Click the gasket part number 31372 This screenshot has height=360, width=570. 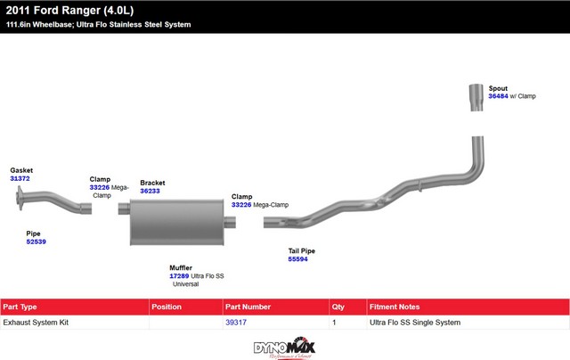click(20, 178)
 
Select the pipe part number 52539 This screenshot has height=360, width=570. click(36, 241)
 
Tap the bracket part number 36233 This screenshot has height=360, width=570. click(150, 191)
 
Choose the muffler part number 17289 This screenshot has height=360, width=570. click(179, 276)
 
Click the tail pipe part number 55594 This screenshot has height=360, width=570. click(297, 259)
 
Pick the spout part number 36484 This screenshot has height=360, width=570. click(498, 96)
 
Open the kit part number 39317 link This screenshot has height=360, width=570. click(236, 323)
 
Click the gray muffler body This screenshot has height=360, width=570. click(177, 222)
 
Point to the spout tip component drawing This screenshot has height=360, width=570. click(476, 97)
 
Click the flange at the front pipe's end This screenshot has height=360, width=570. click(20, 198)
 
